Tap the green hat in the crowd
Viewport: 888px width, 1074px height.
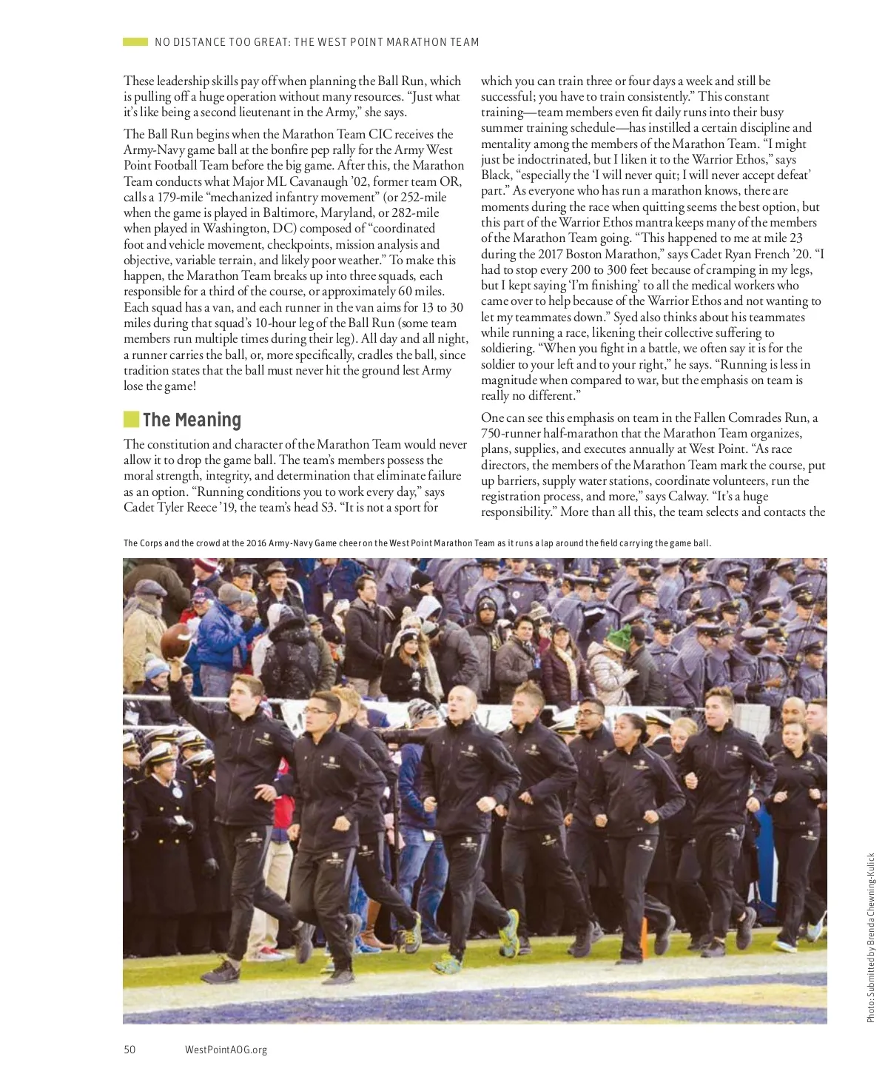(616, 635)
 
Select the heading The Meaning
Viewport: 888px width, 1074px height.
(192, 420)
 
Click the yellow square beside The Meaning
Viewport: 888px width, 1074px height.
(131, 420)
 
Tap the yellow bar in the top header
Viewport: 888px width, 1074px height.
(135, 42)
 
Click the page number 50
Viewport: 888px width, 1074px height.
(129, 1050)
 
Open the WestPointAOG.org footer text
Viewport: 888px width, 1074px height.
(226, 1050)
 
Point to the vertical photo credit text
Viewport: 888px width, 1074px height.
(871, 938)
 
